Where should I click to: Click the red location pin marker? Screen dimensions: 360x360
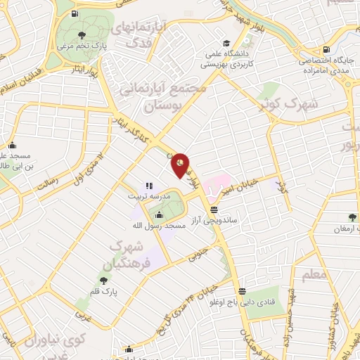[x=181, y=165]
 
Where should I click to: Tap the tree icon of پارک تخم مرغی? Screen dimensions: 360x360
[x=82, y=35]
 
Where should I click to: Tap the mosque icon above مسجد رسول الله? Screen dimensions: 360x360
[x=157, y=214]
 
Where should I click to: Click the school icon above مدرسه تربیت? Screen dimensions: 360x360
[x=148, y=186]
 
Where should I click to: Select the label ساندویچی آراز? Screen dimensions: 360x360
[x=219, y=220]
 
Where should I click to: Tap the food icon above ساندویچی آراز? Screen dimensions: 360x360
[x=214, y=209]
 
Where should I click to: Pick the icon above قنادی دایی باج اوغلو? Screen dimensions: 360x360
[x=243, y=291]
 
